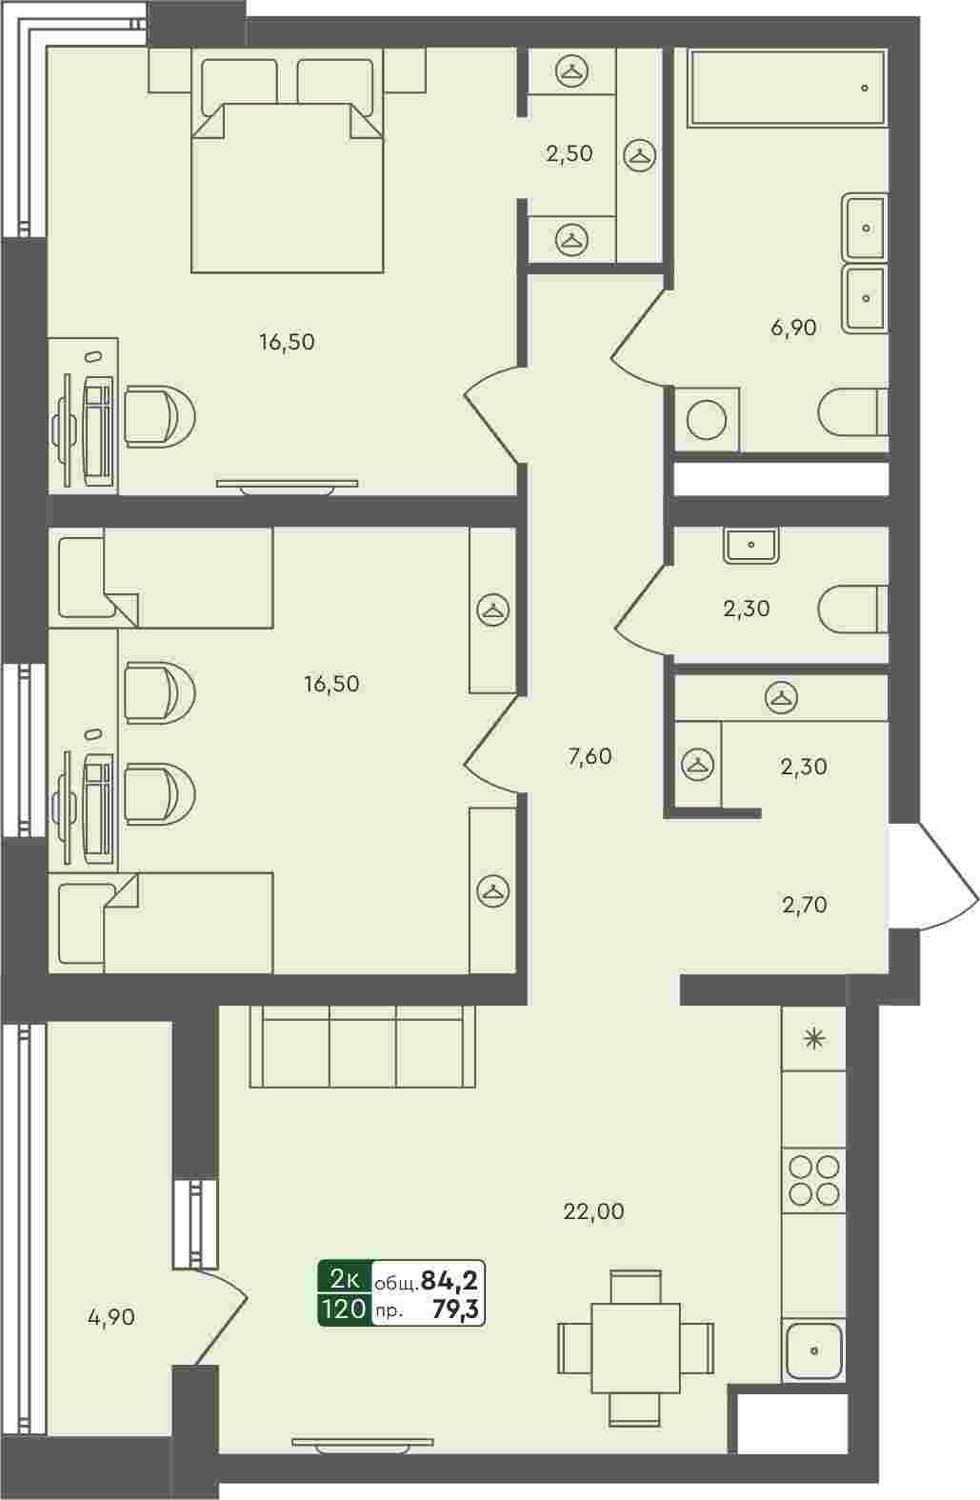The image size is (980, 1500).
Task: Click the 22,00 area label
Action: tap(593, 1210)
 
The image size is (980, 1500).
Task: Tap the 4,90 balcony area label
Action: tap(111, 1317)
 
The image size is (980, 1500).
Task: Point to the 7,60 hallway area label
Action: tap(590, 756)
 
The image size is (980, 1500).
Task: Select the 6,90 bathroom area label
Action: tap(793, 328)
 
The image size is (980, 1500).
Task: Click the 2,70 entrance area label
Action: tap(805, 905)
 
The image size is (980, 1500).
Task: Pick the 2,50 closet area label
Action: tap(570, 154)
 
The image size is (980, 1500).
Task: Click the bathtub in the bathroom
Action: tap(788, 88)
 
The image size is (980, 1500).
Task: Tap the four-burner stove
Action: tap(814, 1180)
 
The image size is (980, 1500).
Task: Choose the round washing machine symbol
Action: tap(707, 420)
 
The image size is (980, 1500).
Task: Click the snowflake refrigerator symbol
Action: tap(814, 1039)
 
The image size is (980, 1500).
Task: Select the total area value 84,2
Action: tap(449, 1280)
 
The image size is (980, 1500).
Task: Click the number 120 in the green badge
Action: tap(345, 1308)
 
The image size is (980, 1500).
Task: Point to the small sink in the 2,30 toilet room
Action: tap(750, 545)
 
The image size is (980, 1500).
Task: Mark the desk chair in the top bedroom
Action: tap(159, 416)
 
